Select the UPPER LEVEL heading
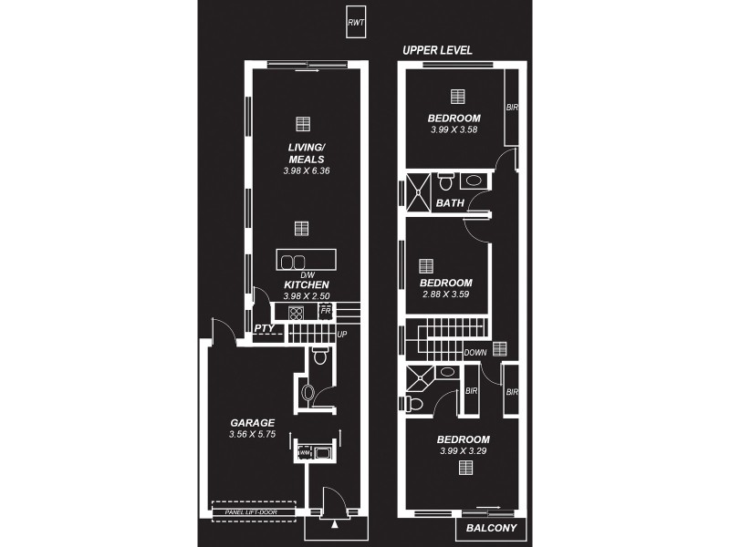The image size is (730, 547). point(437,51)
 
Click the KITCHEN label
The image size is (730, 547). point(306,284)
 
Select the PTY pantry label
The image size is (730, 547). point(264,328)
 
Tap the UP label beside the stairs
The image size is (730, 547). point(343,335)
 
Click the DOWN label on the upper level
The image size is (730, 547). point(475,352)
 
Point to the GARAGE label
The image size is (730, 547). point(252,423)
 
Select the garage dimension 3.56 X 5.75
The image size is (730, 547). point(252,436)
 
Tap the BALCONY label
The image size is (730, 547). point(491,528)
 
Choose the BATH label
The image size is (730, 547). point(448,202)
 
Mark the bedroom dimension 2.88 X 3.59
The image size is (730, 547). point(446,294)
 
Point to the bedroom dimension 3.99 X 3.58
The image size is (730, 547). point(454,129)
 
